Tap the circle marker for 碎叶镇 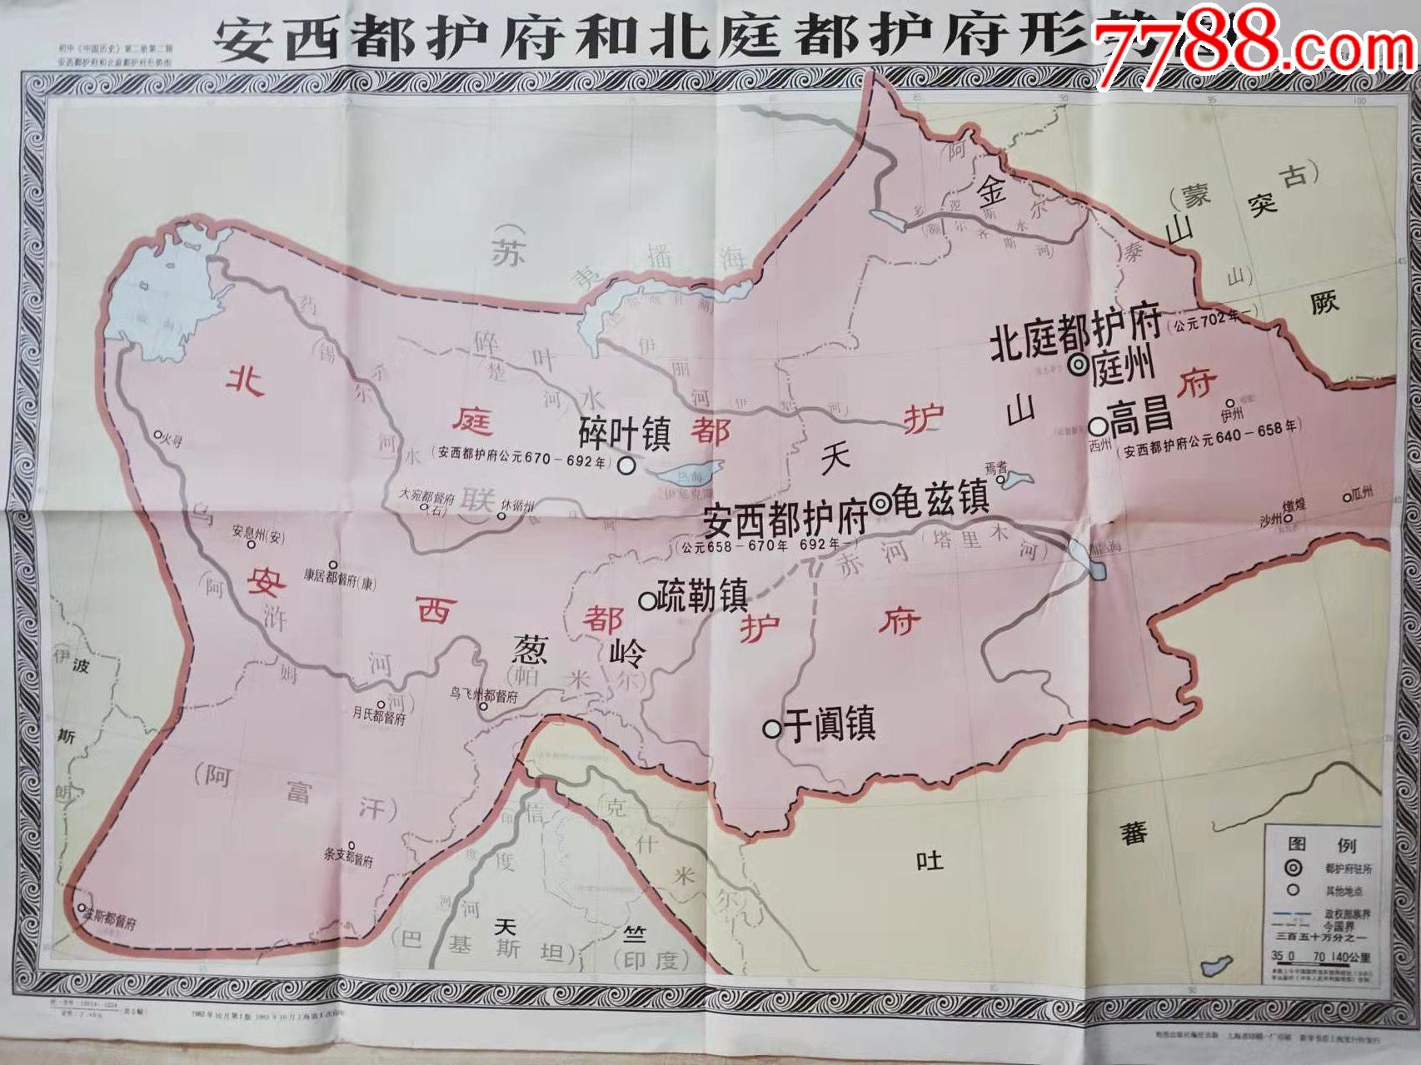pos(626,466)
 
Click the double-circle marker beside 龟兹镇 pos(880,502)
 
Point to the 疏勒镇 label pos(701,596)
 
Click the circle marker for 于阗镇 pos(772,729)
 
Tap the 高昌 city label pos(1140,417)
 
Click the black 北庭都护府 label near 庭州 pos(1075,334)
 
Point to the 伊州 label pos(1232,414)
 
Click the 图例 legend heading pos(1323,845)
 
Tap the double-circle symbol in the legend pos(1293,868)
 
